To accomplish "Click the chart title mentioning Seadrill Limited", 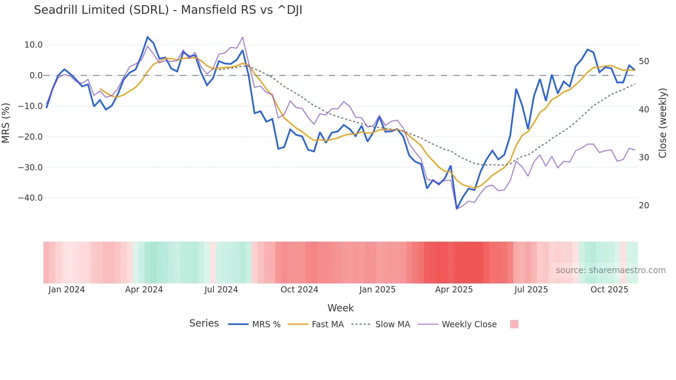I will (x=168, y=10).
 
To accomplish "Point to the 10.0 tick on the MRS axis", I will (x=33, y=45).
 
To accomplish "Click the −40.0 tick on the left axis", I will (x=30, y=198).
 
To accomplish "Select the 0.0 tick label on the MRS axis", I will (x=36, y=76).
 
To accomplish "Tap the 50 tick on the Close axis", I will (x=644, y=61).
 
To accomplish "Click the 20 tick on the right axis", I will (x=644, y=206).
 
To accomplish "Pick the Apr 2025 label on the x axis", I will (x=454, y=290).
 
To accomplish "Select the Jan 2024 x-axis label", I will (x=67, y=290).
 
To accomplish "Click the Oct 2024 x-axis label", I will (x=299, y=290).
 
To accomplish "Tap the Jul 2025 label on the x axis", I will (x=531, y=290).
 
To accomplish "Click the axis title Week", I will (x=340, y=308).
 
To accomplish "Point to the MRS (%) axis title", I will (x=6, y=123).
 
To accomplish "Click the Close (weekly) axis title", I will (x=662, y=123).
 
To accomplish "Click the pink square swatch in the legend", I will (x=514, y=324).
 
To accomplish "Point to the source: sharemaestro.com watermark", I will (x=610, y=270).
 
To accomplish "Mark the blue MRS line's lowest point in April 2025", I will (x=457, y=209).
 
